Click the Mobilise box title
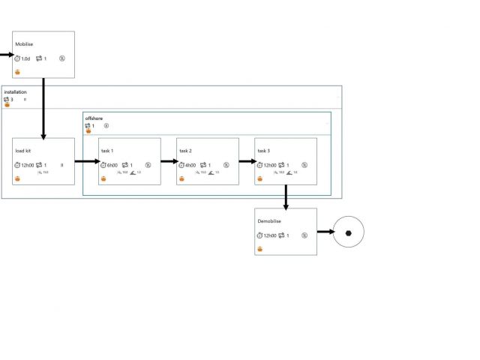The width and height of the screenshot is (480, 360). pos(24,44)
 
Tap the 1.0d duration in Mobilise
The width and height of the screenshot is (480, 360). pos(25,58)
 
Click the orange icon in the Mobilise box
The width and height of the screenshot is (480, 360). pos(17,72)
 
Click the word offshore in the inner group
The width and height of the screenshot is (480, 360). pos(94,118)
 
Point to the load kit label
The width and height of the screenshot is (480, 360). pos(23,151)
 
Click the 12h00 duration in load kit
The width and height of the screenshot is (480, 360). pos(27,165)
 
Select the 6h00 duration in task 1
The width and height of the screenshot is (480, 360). pos(112,165)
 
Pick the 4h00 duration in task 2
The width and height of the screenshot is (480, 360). pos(190,165)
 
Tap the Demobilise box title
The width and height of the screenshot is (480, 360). pos(270,221)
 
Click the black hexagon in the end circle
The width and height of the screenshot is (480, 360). pos(348,232)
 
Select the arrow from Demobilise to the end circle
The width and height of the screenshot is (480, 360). pos(325,232)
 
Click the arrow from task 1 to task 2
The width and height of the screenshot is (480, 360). pos(169,160)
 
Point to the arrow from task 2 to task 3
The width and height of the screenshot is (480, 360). pos(247,160)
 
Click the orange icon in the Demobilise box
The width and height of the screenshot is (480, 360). pos(260,249)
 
